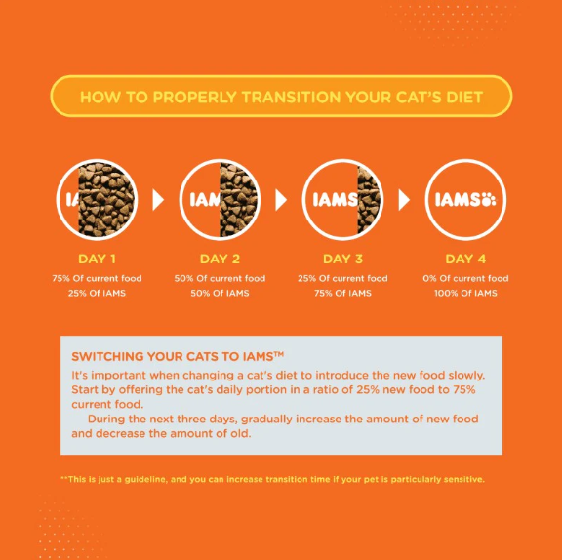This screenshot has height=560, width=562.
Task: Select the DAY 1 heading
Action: pos(98,259)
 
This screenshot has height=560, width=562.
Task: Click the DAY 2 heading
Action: pos(220,259)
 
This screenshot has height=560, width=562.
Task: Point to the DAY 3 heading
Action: pos(343,259)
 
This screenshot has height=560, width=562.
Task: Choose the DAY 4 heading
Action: pos(465,259)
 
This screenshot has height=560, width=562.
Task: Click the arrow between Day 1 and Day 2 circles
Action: pos(158,200)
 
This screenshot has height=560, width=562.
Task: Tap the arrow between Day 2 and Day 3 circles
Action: pos(281,200)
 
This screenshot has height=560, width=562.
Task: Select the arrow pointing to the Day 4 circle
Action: pos(404,200)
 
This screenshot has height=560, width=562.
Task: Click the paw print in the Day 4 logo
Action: pos(489,200)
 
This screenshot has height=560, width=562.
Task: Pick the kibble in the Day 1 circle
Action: pos(107,200)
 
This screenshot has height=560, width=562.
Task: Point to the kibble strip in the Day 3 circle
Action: pos(369,200)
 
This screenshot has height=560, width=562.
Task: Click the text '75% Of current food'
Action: pos(98,278)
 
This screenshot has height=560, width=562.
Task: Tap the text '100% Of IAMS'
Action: pos(465,293)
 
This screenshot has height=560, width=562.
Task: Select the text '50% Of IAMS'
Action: pos(220,293)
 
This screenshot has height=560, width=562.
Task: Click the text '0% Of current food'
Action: pos(465,278)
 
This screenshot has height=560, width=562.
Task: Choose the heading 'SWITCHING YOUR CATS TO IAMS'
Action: pos(178,356)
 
